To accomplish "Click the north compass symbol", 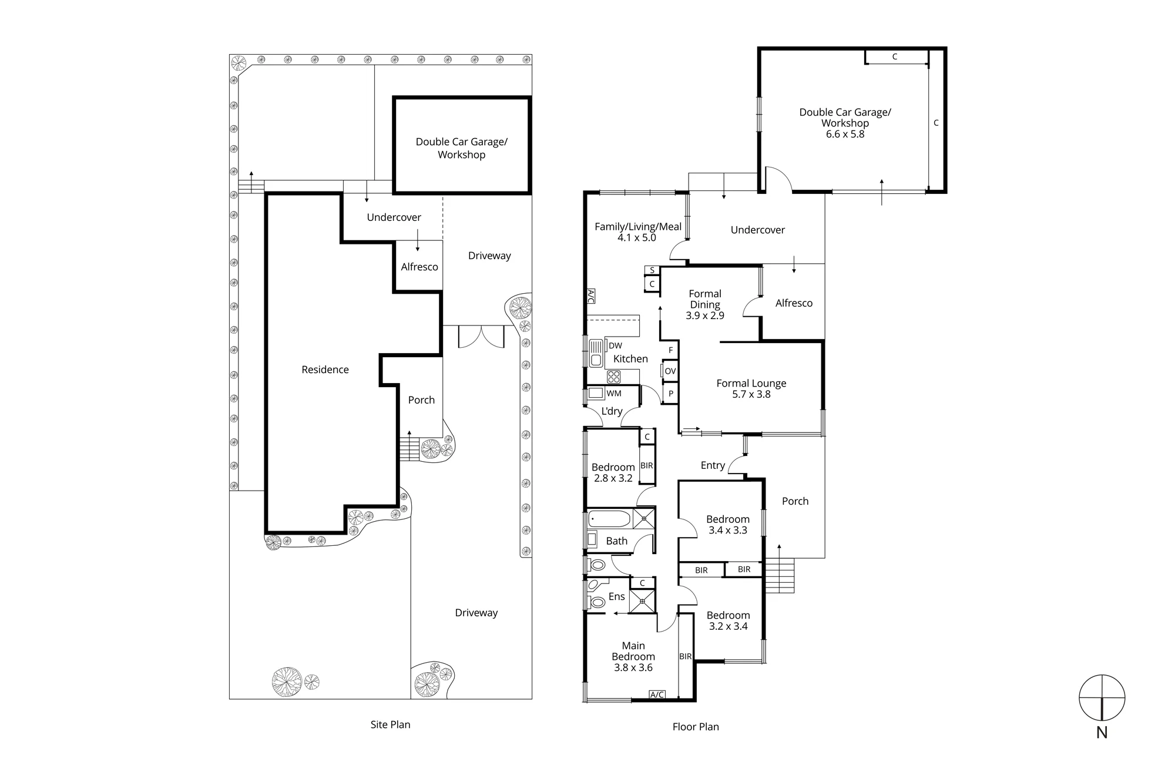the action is coord(1102,697).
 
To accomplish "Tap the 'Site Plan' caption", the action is coord(390,724).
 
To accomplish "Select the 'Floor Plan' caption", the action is coord(696,727).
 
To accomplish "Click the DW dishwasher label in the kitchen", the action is coord(615,345).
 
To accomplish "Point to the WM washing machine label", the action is coord(614,394).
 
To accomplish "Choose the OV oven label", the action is coord(670,371).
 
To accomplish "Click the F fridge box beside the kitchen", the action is coord(670,350).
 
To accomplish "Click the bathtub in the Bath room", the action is coord(609,519).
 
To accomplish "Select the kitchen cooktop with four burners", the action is coord(614,376).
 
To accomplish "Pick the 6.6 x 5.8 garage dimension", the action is coord(845,134).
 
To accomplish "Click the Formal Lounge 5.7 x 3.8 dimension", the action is coord(751,394).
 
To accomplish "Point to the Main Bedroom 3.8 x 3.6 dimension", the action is coord(633,667).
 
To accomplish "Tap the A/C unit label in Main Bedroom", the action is coord(657,694).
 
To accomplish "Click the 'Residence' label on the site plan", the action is coord(325,370).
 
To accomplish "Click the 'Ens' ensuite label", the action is coord(616,596).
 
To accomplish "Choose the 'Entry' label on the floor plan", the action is coord(713,465).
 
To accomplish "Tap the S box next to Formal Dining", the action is coord(652,270).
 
